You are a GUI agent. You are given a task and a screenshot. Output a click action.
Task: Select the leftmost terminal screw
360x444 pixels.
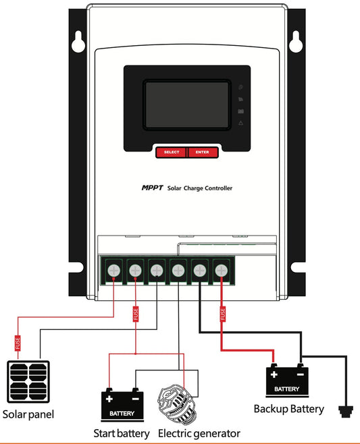point(113,271)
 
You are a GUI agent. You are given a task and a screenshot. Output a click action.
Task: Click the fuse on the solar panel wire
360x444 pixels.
point(18,343)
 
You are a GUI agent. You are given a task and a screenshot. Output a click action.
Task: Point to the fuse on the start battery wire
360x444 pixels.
point(136,314)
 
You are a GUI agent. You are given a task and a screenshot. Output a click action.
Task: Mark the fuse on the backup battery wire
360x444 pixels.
point(222,314)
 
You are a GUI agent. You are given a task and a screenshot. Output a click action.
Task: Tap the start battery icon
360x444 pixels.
point(122,404)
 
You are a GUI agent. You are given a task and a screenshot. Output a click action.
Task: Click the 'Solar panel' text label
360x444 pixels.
point(28,414)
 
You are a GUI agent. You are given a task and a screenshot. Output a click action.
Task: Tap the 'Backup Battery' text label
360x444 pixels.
point(288,409)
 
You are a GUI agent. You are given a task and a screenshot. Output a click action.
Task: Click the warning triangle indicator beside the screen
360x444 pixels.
point(241,123)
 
